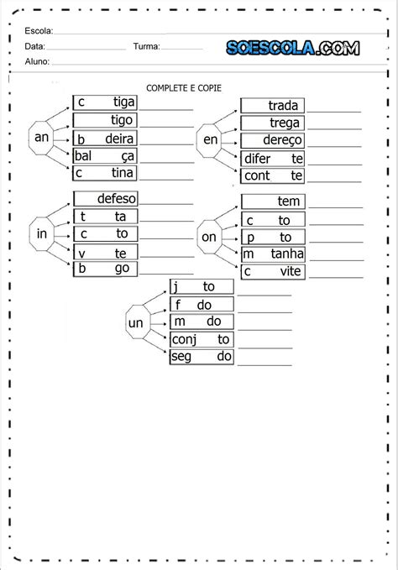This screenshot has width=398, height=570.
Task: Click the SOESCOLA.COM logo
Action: coord(292,48)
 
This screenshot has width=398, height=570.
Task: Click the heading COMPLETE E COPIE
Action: coord(184,88)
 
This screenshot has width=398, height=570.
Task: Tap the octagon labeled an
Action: coord(41,139)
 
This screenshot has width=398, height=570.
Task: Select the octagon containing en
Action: coord(209,141)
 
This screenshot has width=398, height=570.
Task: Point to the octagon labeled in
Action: coord(41,233)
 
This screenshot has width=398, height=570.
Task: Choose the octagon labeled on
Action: coord(209,237)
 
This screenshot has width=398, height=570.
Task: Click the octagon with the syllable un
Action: coord(138,322)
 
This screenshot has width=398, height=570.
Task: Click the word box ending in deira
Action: coord(105,139)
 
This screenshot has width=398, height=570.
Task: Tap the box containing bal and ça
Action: coord(105,155)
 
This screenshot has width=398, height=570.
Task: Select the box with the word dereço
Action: coord(272,140)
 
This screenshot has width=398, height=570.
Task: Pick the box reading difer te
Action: coord(272,159)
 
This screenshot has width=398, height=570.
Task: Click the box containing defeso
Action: coord(106,198)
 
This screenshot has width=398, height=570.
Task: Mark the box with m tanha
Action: coord(274,254)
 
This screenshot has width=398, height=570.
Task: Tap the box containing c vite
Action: coord(273,271)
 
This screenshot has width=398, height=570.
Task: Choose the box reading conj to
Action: coord(202,339)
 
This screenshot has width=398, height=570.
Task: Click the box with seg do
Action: coord(202,357)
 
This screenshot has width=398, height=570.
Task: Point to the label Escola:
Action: coord(39,31)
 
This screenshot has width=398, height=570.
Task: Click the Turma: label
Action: coord(146,46)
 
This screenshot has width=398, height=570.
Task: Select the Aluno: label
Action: coord(37,61)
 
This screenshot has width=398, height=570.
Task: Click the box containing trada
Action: coord(272,106)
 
